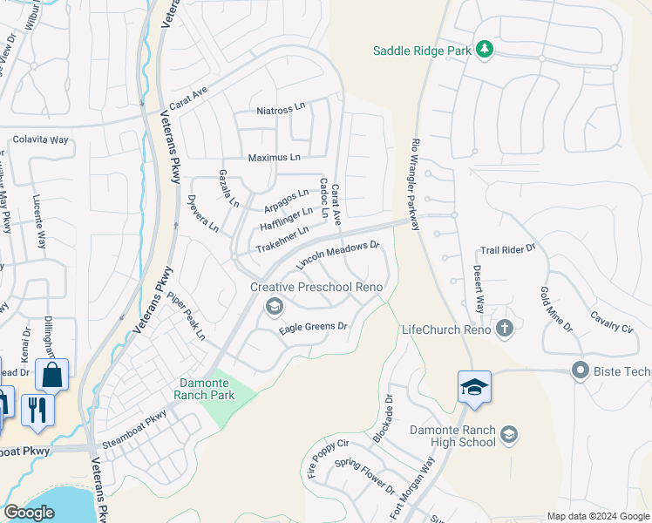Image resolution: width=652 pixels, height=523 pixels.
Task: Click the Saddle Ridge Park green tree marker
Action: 486,51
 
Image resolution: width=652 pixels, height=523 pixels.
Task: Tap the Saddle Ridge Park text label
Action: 423,51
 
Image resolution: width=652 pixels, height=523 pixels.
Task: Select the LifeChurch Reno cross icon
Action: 504,329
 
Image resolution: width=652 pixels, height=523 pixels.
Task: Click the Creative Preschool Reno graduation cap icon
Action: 274,304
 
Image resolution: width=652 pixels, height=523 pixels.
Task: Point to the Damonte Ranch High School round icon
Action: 510,434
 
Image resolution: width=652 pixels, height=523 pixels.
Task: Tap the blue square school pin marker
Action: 474,387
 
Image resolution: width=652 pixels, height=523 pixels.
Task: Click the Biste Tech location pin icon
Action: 580,371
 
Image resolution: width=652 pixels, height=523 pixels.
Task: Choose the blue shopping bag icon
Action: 51,376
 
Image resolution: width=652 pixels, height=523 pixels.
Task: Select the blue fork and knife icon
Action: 36,409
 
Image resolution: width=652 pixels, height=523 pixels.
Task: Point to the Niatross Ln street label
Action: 282,111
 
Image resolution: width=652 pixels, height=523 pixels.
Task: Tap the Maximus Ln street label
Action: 274,158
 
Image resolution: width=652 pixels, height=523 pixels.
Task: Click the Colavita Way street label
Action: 40,139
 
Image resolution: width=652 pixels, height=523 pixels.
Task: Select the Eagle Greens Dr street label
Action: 313,328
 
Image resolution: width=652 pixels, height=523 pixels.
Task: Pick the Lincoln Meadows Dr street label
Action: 339,255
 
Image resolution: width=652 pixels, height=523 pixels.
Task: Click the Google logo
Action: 29,513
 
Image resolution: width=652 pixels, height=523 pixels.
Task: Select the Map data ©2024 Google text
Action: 597,516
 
